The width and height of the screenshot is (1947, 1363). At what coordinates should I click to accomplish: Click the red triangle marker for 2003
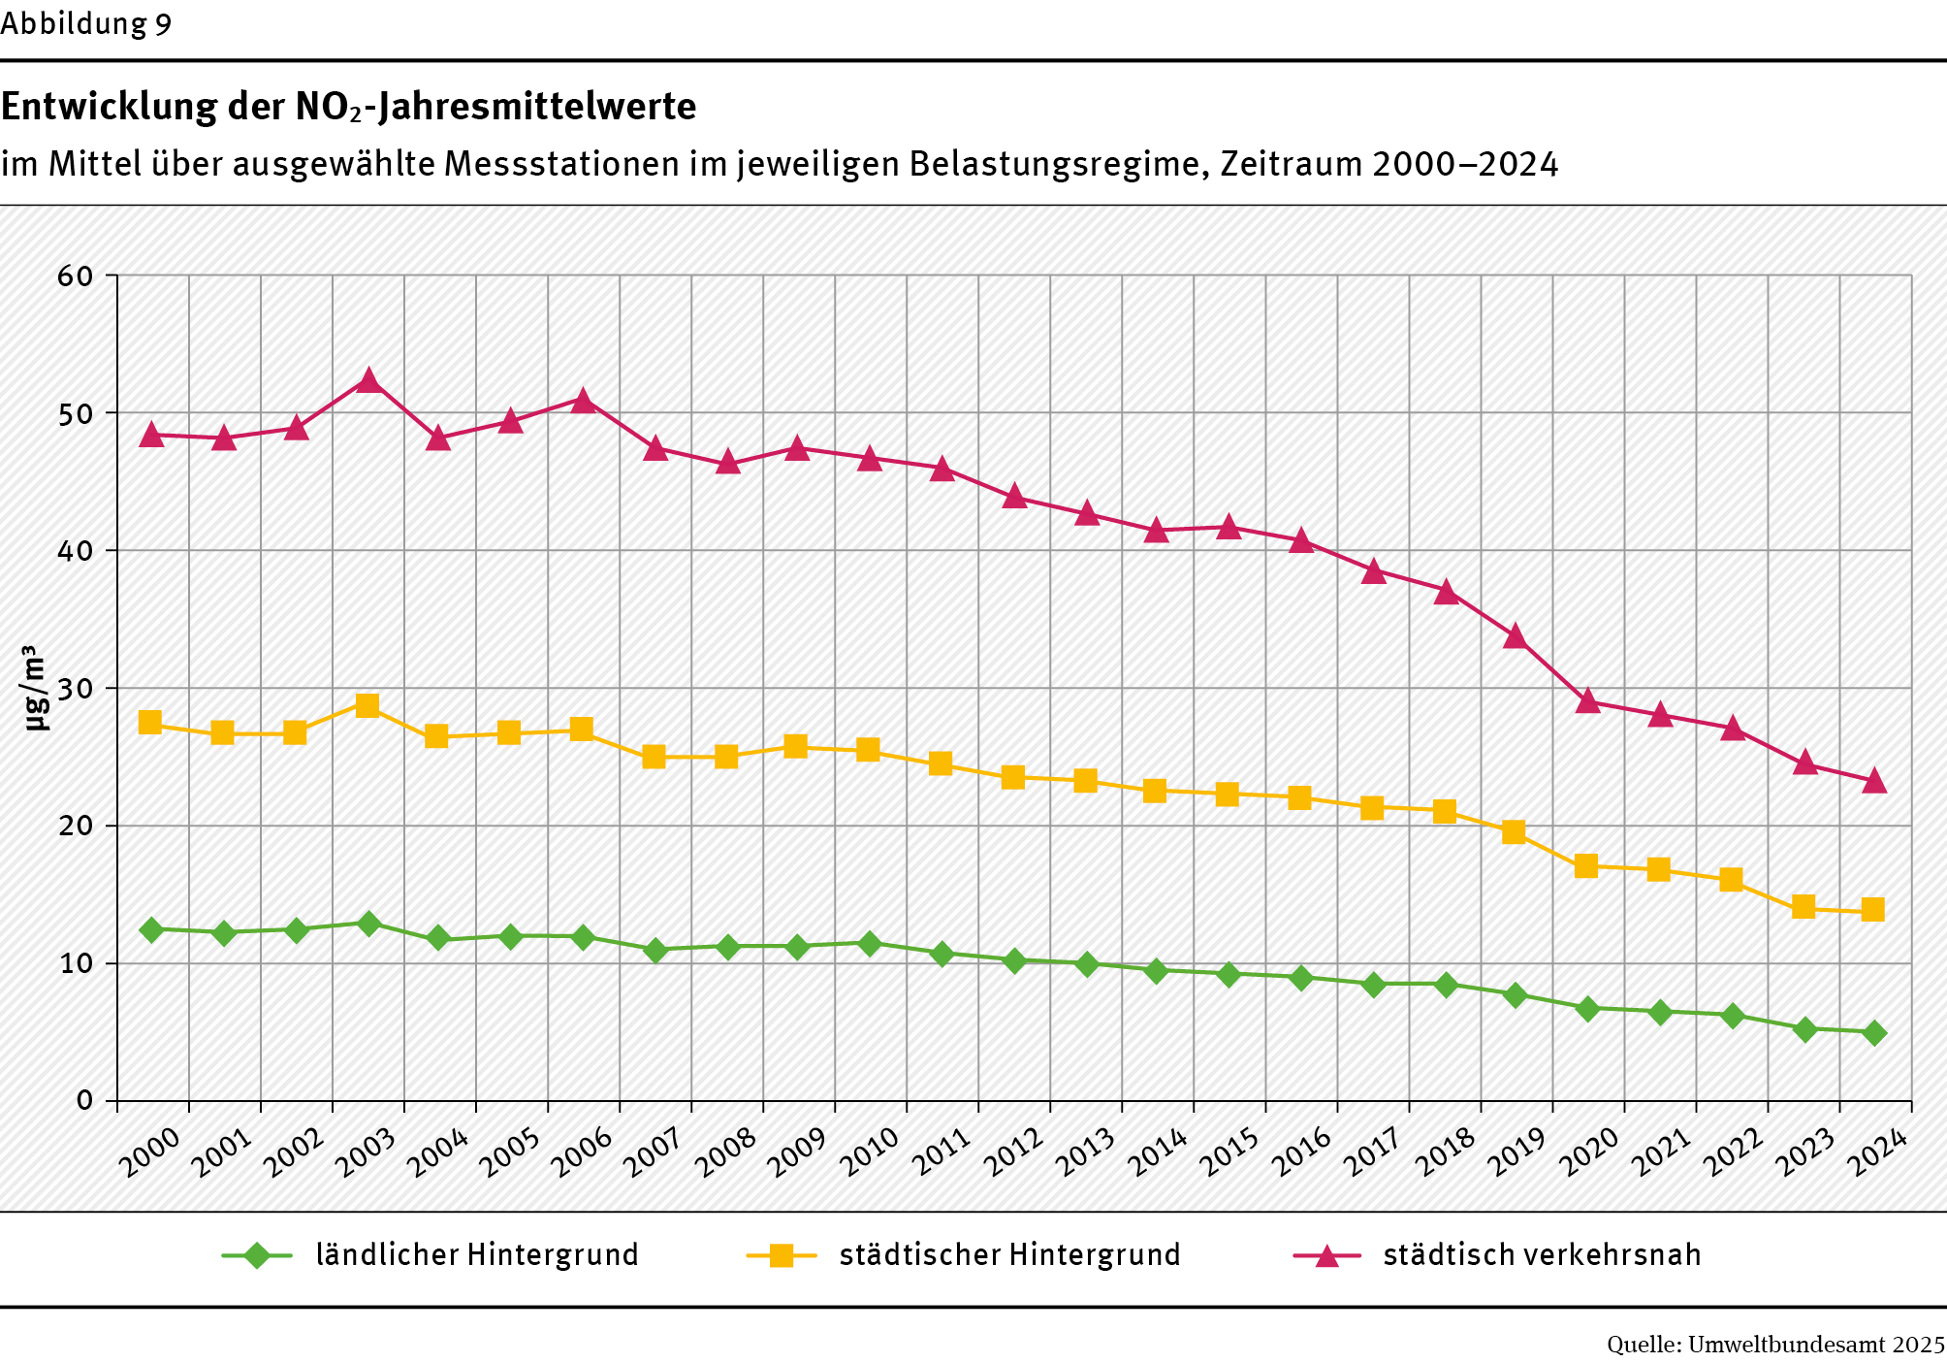367,381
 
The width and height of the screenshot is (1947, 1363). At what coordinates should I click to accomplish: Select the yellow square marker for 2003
367,705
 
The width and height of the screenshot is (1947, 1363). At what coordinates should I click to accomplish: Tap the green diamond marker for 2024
1874,1032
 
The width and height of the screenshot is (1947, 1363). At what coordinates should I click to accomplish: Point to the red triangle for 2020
1587,701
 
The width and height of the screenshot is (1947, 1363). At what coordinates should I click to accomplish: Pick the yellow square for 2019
1514,831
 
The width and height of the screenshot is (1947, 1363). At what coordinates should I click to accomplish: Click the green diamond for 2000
151,929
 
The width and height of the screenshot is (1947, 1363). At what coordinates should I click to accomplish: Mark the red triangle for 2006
583,401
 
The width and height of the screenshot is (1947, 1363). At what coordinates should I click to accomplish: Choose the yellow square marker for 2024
1872,909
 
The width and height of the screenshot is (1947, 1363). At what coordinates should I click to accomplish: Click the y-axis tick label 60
76,276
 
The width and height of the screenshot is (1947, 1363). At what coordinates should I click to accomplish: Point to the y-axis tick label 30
76,689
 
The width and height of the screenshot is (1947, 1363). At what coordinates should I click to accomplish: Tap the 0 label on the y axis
85,1101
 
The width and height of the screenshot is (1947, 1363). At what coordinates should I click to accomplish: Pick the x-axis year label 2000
151,1152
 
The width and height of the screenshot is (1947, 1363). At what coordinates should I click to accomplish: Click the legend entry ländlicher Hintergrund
476,1255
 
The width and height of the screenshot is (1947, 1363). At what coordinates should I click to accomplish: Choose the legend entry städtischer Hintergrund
1009,1255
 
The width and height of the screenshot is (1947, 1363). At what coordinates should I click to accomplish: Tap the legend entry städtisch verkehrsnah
1541,1255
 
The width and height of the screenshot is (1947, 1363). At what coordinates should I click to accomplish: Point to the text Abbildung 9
86,23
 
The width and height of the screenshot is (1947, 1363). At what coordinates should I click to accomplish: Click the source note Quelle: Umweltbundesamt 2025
1775,1345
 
